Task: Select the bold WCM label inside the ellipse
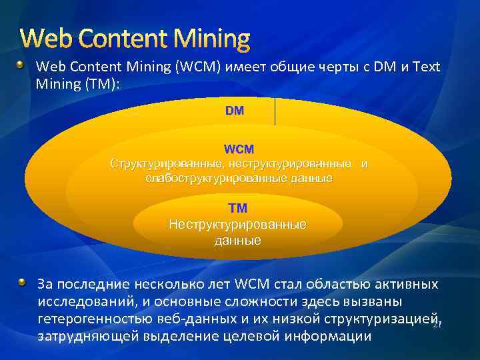(x=239, y=149)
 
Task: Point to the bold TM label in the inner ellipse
(x=238, y=209)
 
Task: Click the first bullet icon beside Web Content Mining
(x=22, y=66)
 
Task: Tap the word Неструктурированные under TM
(x=238, y=224)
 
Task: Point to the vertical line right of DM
(x=275, y=111)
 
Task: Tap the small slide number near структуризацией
(x=437, y=325)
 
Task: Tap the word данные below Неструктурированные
(x=238, y=240)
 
